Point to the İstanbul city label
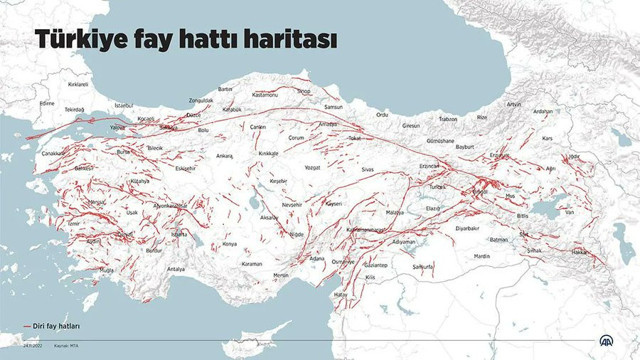123,104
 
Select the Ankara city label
224,155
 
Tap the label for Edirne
46,103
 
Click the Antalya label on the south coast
176,269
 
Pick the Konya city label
229,243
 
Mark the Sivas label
368,170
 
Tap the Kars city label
547,138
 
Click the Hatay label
340,294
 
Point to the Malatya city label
394,213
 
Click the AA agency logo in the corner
604,340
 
